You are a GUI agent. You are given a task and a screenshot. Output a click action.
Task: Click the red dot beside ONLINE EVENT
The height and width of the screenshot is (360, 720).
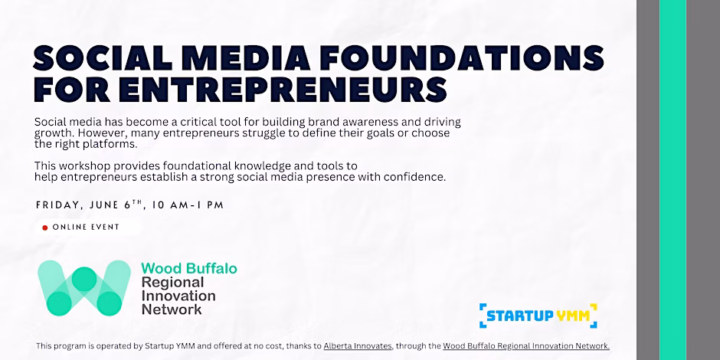45,227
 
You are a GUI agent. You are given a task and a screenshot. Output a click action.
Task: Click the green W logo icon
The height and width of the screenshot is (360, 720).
84,288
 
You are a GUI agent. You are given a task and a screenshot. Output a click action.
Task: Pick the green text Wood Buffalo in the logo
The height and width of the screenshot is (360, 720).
189,268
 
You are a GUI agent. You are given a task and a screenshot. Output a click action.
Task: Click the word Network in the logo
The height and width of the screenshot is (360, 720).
172,309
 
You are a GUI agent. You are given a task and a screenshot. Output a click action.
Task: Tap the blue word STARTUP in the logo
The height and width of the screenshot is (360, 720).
519,316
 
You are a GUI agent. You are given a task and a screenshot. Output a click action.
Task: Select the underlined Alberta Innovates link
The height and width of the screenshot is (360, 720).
358,346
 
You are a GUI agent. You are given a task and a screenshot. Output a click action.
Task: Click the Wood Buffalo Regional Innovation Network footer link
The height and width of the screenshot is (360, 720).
526,346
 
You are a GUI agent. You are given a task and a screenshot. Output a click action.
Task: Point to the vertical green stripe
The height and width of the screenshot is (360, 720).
673,180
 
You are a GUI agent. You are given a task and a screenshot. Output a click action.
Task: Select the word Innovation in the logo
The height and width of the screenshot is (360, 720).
178,296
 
